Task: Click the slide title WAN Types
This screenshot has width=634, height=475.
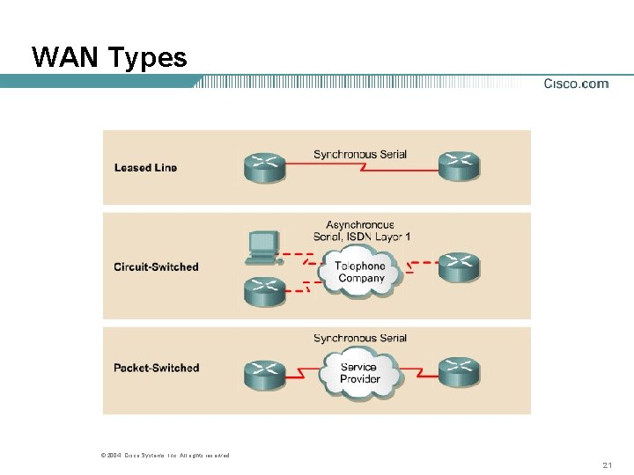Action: [x=109, y=58]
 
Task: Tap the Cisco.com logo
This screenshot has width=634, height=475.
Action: [x=576, y=84]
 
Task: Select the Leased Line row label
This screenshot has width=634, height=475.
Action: [x=145, y=167]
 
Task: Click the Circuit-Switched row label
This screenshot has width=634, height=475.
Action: [x=156, y=267]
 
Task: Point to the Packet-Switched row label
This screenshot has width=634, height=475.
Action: [x=157, y=368]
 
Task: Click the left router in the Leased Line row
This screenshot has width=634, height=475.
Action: [x=265, y=166]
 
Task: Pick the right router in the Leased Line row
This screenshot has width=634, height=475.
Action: [x=459, y=166]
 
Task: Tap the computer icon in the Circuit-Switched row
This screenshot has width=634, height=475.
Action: [x=263, y=246]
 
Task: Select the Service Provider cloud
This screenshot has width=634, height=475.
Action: [x=359, y=372]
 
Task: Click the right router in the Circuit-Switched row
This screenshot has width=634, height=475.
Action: [x=459, y=267]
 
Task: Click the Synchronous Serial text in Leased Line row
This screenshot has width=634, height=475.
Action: [x=360, y=155]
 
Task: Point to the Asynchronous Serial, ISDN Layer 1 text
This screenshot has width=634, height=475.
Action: [x=360, y=230]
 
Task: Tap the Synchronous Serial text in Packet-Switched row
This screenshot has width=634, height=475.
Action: [x=360, y=339]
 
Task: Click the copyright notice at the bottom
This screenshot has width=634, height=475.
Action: [x=166, y=455]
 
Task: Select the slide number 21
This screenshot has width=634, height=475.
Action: [x=608, y=464]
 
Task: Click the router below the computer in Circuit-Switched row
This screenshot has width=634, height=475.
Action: [x=265, y=290]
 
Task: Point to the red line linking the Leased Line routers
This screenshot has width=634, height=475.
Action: [x=362, y=172]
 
